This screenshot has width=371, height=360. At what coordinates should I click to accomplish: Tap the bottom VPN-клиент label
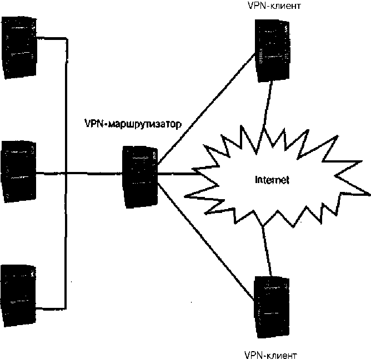coord(270,353)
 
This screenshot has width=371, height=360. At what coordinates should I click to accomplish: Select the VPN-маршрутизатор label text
coord(132,123)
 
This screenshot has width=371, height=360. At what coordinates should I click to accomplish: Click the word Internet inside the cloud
coord(272,180)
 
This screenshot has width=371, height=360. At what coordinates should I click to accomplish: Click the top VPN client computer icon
coord(272,49)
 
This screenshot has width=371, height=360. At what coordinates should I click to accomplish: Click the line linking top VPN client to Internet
coord(267,105)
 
